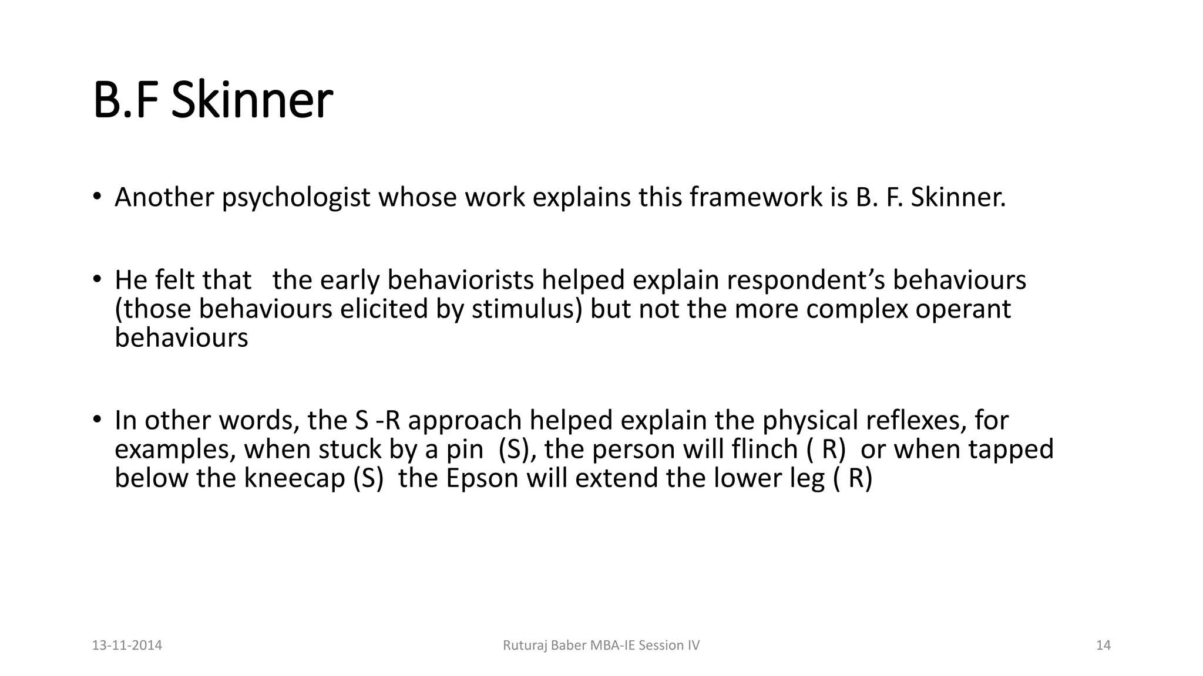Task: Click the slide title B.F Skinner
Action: (x=213, y=100)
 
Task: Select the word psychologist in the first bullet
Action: (x=295, y=198)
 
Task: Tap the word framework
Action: (x=756, y=198)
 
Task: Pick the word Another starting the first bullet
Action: (x=164, y=198)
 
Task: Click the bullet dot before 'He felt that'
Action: (x=97, y=279)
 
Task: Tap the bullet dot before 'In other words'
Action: (x=97, y=420)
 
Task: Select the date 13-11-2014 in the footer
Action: (x=127, y=645)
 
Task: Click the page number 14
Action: (x=1103, y=645)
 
